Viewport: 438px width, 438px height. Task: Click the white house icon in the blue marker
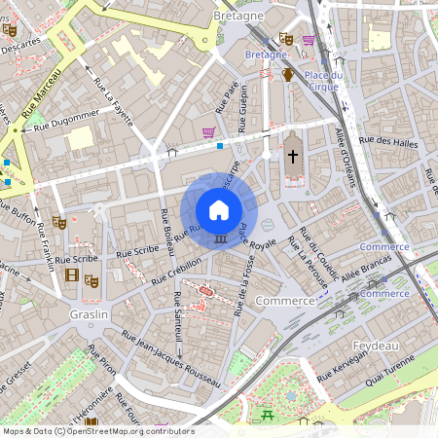(219, 209)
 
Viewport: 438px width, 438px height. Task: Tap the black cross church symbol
(292, 155)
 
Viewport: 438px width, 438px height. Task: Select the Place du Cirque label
(322, 81)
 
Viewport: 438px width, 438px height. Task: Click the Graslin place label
(89, 315)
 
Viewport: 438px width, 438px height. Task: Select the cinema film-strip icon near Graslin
(71, 274)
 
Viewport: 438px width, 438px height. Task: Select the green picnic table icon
(267, 416)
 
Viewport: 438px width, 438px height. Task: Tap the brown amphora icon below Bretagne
(288, 75)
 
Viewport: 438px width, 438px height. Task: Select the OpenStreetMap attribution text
(97, 431)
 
